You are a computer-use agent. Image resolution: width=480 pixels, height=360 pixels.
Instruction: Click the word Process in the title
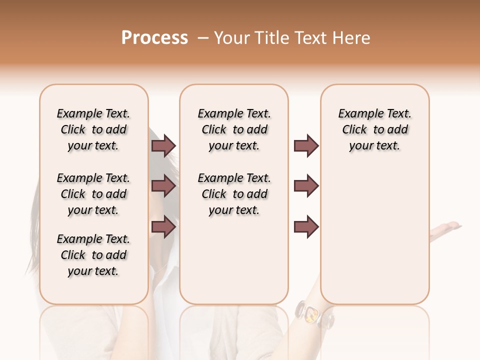(x=154, y=38)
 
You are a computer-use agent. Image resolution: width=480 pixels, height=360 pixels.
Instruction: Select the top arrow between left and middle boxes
(x=163, y=146)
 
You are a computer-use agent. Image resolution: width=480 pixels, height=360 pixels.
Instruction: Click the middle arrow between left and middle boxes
(x=163, y=186)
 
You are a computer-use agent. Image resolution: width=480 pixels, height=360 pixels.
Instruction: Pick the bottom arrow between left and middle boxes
(x=163, y=227)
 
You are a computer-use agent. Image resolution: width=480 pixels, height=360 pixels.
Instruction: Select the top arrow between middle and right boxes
(x=306, y=146)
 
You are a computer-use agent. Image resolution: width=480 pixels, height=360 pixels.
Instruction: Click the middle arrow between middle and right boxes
(x=306, y=186)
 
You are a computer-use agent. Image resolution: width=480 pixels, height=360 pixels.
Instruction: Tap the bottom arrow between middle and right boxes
(x=306, y=227)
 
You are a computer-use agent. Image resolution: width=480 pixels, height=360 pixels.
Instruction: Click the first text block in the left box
(x=93, y=129)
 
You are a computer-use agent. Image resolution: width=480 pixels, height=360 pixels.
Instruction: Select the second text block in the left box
(x=93, y=194)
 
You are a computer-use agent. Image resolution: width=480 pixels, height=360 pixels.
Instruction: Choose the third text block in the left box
(x=93, y=255)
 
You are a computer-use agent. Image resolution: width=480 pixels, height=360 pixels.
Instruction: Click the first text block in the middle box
(x=234, y=129)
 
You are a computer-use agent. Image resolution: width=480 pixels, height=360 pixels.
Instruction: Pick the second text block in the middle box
(x=234, y=194)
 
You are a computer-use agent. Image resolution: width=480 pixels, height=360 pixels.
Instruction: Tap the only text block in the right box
(x=374, y=129)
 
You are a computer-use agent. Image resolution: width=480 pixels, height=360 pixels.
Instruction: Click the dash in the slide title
(x=203, y=38)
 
